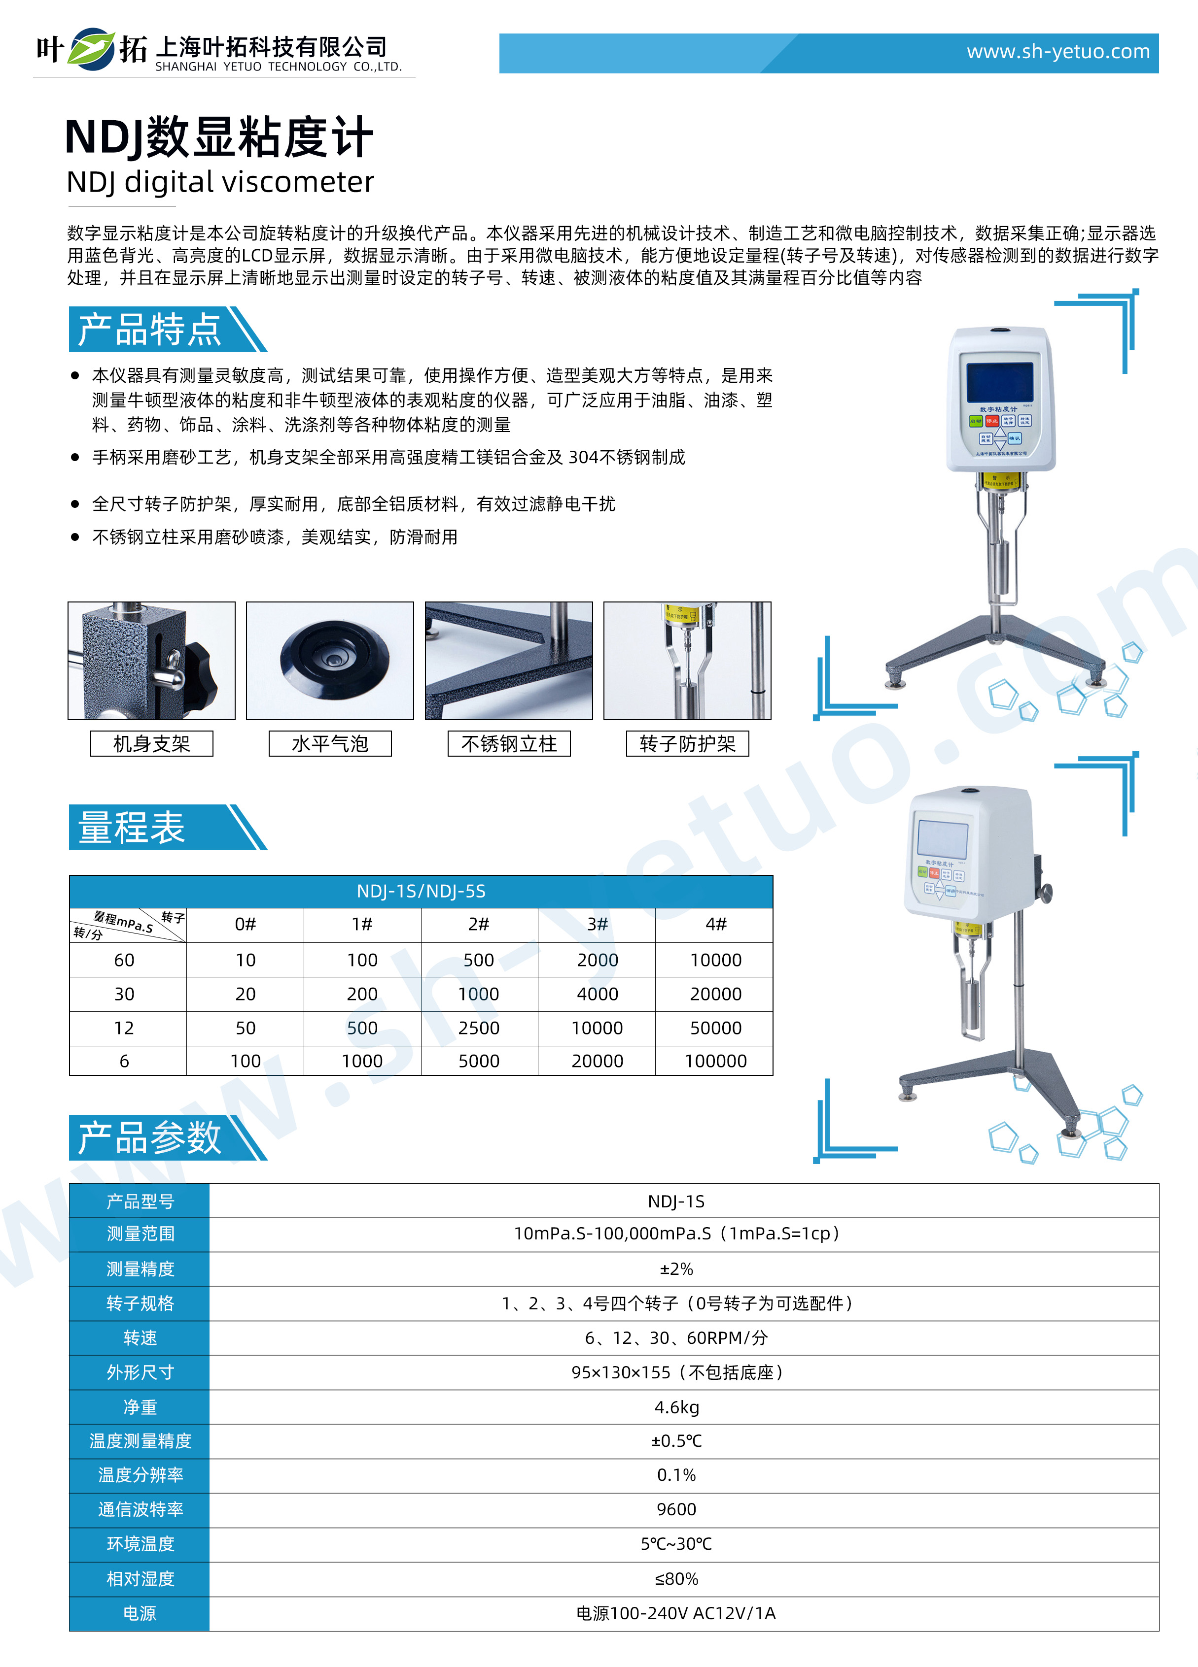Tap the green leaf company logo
92,49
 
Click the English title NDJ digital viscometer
220,182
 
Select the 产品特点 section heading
149,329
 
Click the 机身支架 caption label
151,744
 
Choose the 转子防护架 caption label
687,744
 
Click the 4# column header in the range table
715,925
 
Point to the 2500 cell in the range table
479,1028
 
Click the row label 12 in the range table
124,1028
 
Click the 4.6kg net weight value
676,1407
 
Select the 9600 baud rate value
676,1509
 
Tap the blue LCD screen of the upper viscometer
999,381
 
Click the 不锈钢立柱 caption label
509,744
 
